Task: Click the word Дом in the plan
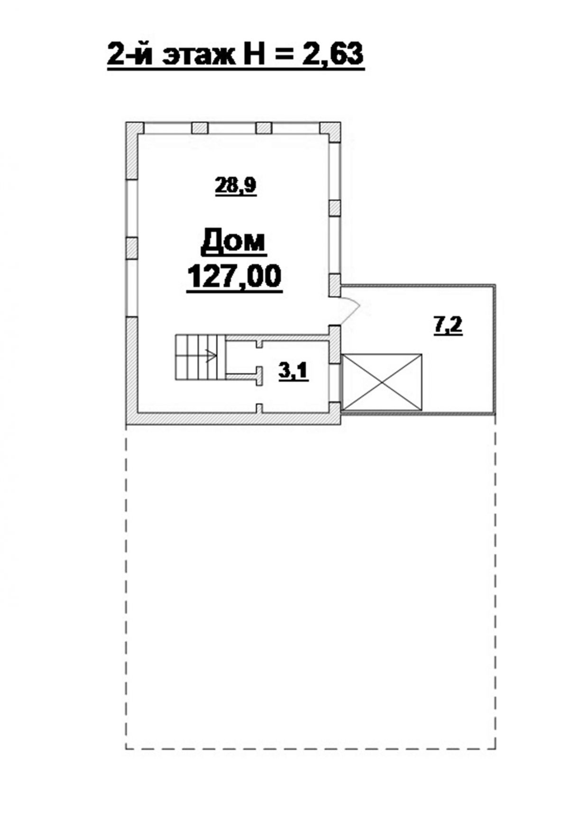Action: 233,242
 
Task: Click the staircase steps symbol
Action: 200,357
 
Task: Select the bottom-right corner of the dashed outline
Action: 496,749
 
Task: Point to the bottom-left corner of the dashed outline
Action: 126,749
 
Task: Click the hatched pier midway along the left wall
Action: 132,248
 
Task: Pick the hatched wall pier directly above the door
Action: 335,286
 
